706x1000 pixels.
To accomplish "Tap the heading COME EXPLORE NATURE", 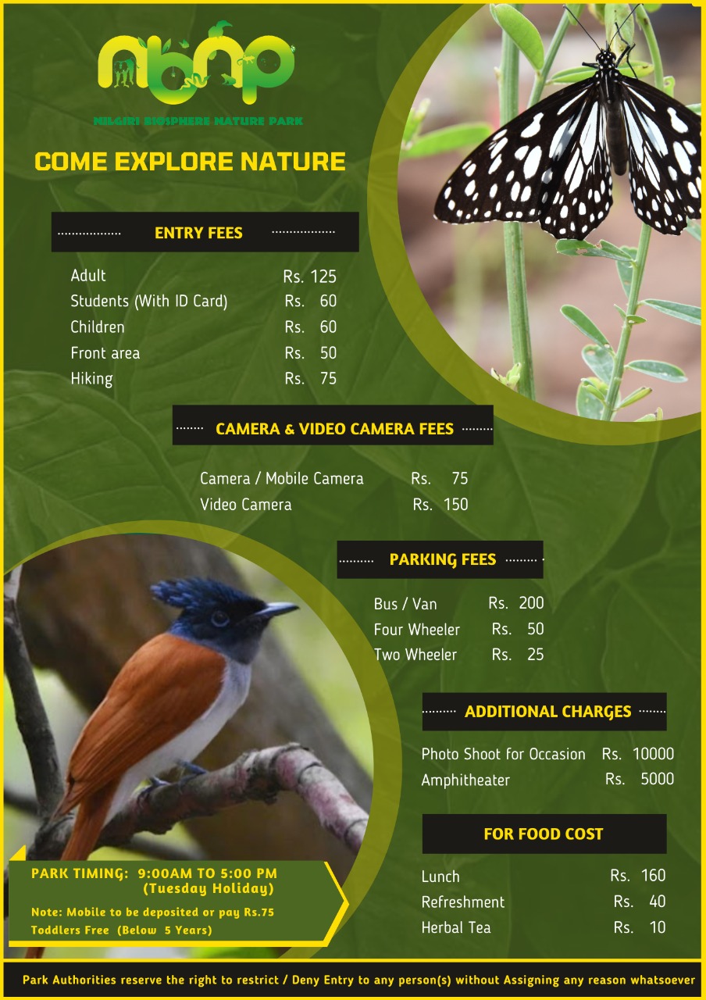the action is (190, 161).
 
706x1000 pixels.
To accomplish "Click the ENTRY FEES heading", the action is (198, 233).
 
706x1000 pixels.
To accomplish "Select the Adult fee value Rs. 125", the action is (310, 277).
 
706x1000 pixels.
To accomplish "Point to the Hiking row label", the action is (91, 379).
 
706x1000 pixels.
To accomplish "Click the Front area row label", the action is (105, 353).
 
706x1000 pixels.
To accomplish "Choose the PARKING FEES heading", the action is (443, 559).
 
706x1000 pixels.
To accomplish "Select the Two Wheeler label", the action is (415, 655).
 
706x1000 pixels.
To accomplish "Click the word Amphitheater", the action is (465, 780).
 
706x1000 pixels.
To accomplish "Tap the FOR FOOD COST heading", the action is (544, 834).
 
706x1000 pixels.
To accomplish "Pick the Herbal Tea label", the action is (456, 927).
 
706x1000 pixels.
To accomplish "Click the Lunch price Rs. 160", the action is (638, 875).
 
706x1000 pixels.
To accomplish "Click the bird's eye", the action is (219, 618).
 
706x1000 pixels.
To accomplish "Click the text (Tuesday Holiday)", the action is (209, 888).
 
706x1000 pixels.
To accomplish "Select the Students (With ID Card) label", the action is (149, 302).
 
